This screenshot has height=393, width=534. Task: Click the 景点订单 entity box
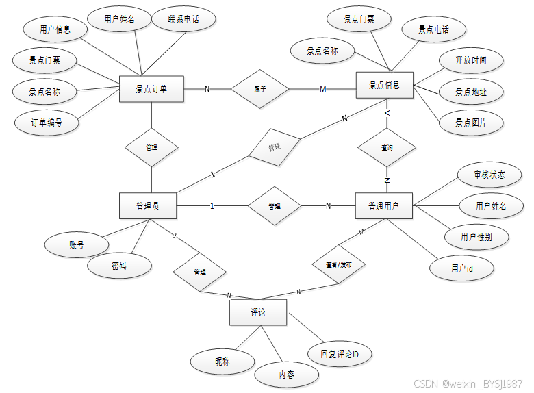click(151, 88)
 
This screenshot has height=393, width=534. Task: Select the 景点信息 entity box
click(384, 86)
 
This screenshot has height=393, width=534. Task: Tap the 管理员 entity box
click(148, 206)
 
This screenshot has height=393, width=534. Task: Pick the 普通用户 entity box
click(384, 206)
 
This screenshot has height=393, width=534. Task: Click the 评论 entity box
click(257, 313)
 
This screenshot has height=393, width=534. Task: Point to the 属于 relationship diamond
click(259, 89)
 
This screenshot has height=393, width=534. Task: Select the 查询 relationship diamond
click(387, 147)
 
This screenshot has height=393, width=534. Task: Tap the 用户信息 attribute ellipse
click(55, 30)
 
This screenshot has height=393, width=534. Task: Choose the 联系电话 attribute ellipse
click(183, 20)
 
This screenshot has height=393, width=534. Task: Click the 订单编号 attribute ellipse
click(47, 123)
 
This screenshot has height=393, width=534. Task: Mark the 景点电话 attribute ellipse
click(433, 30)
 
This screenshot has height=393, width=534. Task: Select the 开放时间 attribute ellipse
click(471, 60)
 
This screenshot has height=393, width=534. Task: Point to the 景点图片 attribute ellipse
click(471, 123)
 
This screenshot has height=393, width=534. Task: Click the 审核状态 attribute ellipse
click(489, 175)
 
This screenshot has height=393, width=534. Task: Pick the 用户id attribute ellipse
click(462, 268)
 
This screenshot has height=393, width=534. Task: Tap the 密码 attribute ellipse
click(118, 266)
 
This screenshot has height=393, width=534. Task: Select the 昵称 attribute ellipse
click(222, 362)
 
